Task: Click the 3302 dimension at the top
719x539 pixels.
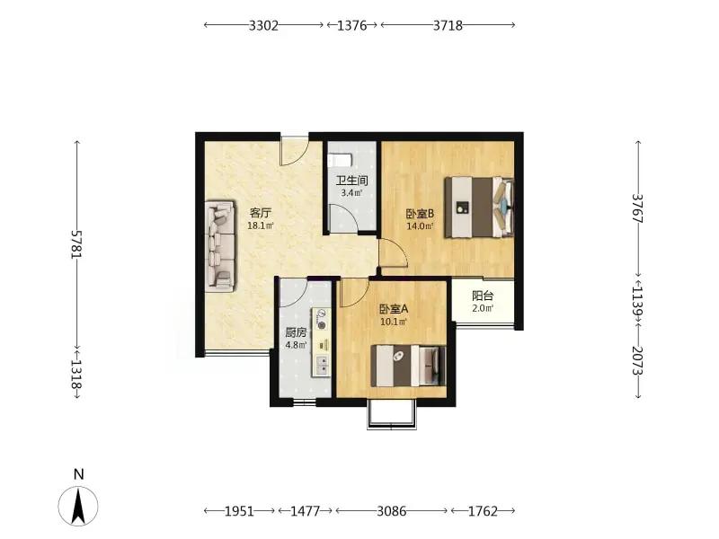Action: pos(263,26)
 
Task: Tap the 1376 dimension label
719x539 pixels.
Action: pos(351,26)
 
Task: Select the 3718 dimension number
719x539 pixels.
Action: pos(448,26)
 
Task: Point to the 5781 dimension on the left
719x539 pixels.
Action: pos(77,243)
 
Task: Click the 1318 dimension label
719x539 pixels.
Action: pos(77,373)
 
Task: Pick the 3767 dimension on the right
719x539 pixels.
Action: pos(638,208)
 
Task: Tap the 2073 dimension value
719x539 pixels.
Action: pos(638,361)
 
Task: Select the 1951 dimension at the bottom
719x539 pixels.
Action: pos(239,511)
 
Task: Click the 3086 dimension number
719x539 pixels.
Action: pos(391,511)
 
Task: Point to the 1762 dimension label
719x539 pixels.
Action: pos(483,511)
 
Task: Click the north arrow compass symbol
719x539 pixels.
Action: pos(78,506)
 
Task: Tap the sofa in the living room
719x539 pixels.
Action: pos(220,245)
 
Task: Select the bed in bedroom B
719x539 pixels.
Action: pos(479,208)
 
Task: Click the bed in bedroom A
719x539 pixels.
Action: pos(408,366)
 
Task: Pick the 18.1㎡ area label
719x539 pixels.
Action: pos(261,225)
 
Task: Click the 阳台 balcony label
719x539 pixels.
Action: pos(483,296)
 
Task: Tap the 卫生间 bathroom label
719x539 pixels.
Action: pos(351,181)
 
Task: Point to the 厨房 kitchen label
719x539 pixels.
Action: pos(296,332)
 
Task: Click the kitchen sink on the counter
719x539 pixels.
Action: pos(322,366)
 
